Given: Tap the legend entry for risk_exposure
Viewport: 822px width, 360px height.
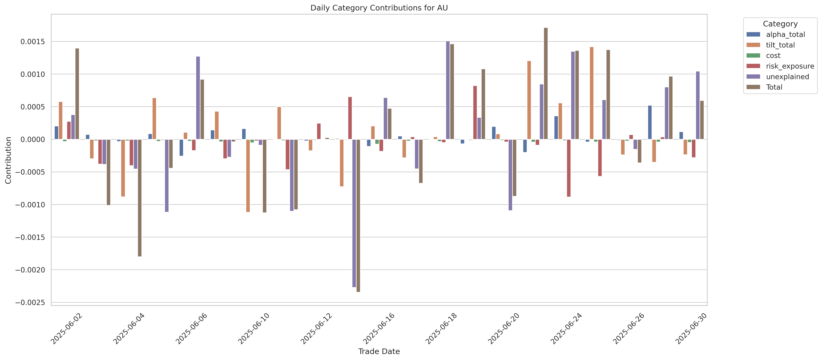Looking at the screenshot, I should point(790,66).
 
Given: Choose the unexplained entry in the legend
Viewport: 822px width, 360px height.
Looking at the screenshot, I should point(787,77).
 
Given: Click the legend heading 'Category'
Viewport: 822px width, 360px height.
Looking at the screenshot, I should point(780,24).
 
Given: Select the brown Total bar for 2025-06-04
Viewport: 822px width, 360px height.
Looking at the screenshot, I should point(140,198).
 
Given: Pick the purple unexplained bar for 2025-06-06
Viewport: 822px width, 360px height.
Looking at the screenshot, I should point(198,98).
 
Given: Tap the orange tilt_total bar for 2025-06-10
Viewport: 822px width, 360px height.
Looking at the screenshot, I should point(248,175).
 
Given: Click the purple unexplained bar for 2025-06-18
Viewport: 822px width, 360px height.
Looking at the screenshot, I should point(448,90).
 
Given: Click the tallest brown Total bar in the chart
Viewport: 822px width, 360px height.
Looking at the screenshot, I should point(546,84).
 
